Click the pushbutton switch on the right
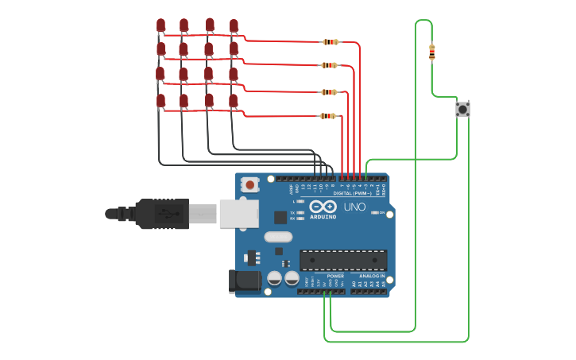[462, 109]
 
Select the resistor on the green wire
[431, 52]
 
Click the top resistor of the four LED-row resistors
[331, 42]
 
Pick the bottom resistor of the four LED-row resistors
[328, 116]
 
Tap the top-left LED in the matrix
[160, 26]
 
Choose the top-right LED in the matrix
[234, 26]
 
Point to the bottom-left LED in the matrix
[160, 100]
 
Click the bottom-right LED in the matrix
[234, 101]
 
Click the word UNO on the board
[354, 207]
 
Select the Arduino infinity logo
[323, 207]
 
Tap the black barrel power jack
[244, 280]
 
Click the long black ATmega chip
[343, 260]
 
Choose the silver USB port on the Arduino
[238, 213]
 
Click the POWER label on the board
[324, 276]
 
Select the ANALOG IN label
[367, 276]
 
